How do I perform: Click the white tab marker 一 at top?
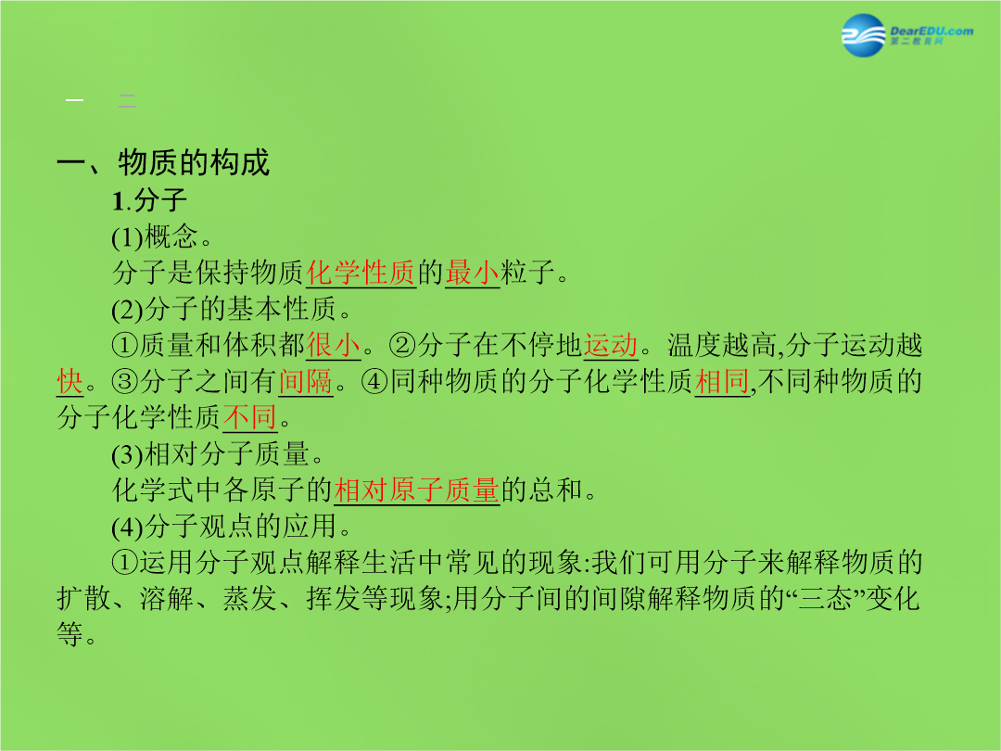tap(75, 100)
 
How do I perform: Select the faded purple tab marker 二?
tap(127, 100)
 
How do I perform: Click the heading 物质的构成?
tap(194, 162)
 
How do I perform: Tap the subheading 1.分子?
tap(149, 200)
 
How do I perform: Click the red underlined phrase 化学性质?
tap(361, 274)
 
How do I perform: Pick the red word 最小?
tap(473, 274)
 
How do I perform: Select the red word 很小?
tap(334, 346)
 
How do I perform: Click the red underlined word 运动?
tap(610, 346)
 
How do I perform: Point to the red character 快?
tap(70, 382)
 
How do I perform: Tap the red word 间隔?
tap(306, 382)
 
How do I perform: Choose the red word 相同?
tap(722, 382)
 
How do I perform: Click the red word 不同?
tap(250, 417)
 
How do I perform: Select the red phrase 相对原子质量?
tap(416, 490)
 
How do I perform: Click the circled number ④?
tap(374, 382)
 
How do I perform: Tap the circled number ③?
tap(124, 382)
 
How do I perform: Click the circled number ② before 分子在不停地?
tap(402, 346)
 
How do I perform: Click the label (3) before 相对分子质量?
tap(128, 454)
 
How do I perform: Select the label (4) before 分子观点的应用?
tap(128, 527)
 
